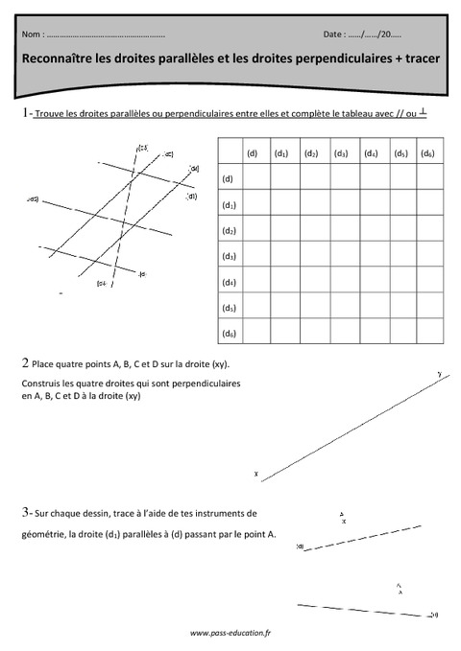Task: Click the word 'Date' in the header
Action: (x=336, y=34)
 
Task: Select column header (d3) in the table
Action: (x=341, y=152)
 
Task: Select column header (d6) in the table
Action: (x=428, y=152)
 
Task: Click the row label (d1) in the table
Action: (x=229, y=204)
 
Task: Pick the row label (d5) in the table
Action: (x=229, y=308)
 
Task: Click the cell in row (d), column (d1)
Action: (x=283, y=178)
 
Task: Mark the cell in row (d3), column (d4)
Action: (x=371, y=256)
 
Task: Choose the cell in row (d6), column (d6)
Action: (x=428, y=334)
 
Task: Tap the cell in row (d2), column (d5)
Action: (x=400, y=230)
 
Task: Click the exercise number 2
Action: (x=24, y=363)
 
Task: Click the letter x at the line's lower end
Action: (x=256, y=473)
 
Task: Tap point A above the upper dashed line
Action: (x=343, y=519)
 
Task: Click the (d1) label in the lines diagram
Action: (x=192, y=197)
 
